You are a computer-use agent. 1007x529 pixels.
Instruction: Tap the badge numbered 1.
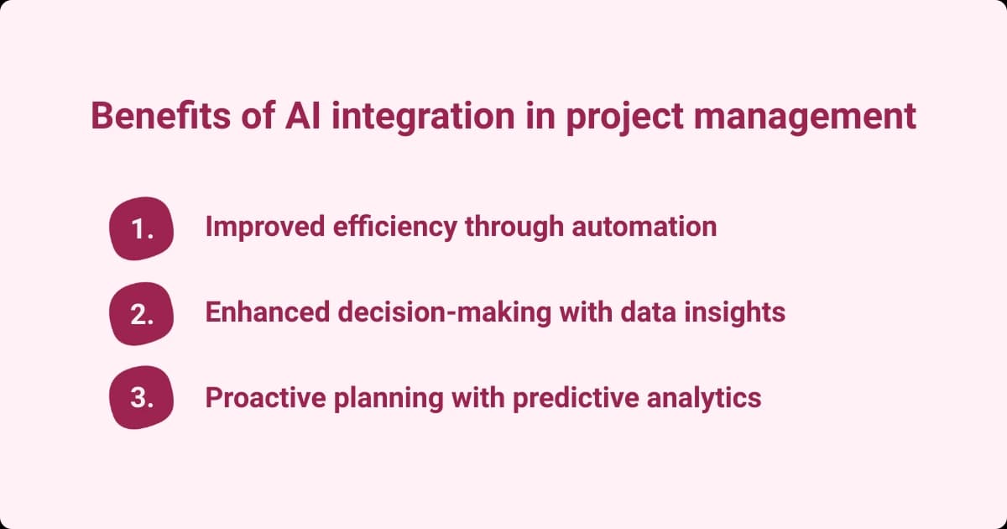tap(142, 228)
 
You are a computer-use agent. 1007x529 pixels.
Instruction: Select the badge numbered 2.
tap(142, 313)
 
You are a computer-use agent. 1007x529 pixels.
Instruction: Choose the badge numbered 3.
tap(142, 398)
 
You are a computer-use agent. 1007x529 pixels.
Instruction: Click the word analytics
tap(702, 397)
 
